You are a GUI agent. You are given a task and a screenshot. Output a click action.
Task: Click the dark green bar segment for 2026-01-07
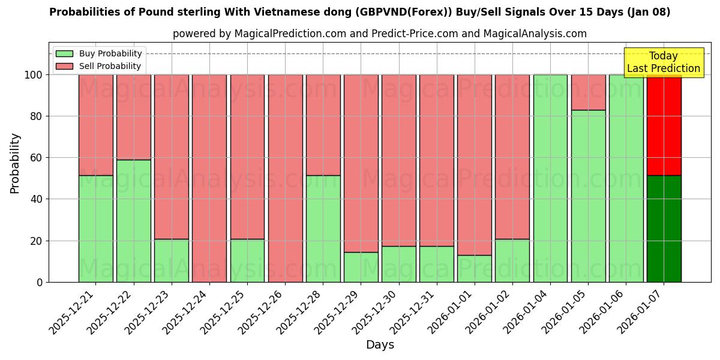(664, 229)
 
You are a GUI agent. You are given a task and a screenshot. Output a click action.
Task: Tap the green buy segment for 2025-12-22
(133, 221)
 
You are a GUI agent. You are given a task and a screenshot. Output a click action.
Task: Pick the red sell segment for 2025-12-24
(209, 178)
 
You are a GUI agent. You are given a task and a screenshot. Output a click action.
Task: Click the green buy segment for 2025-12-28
(323, 229)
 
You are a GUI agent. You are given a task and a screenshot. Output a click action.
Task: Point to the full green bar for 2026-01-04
(550, 178)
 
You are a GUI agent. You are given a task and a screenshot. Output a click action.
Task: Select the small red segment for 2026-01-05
(588, 92)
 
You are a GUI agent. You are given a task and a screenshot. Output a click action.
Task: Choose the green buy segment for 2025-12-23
(171, 260)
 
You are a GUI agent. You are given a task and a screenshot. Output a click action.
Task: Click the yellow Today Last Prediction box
(664, 62)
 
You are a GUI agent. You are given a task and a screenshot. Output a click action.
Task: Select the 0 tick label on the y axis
(40, 282)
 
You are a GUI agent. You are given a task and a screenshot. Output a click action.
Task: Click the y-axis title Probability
(15, 163)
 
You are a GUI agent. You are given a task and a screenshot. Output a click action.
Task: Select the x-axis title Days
(380, 345)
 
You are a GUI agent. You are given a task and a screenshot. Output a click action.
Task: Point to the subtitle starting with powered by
(380, 34)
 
